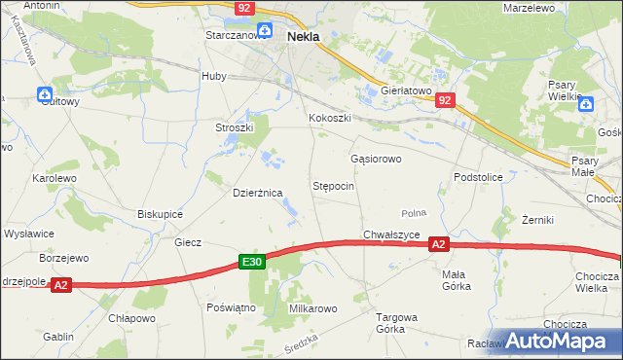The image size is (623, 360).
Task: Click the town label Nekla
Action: pos(304,37)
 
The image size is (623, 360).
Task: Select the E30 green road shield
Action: pos(252,262)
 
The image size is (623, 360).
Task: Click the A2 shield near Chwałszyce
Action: pos(439,245)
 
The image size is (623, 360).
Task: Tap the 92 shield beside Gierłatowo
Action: pos(445,100)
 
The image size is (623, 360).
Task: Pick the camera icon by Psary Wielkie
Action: pos(586,104)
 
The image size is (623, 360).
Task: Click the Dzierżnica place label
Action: pos(257,193)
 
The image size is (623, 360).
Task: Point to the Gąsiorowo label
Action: pos(375,158)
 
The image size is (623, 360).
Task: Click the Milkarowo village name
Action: pos(312,308)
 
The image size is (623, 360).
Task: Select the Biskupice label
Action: pos(160,214)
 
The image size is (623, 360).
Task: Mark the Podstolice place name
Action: pos(477,177)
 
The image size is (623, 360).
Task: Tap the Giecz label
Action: pos(188,242)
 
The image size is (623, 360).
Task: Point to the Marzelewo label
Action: pos(529,7)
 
